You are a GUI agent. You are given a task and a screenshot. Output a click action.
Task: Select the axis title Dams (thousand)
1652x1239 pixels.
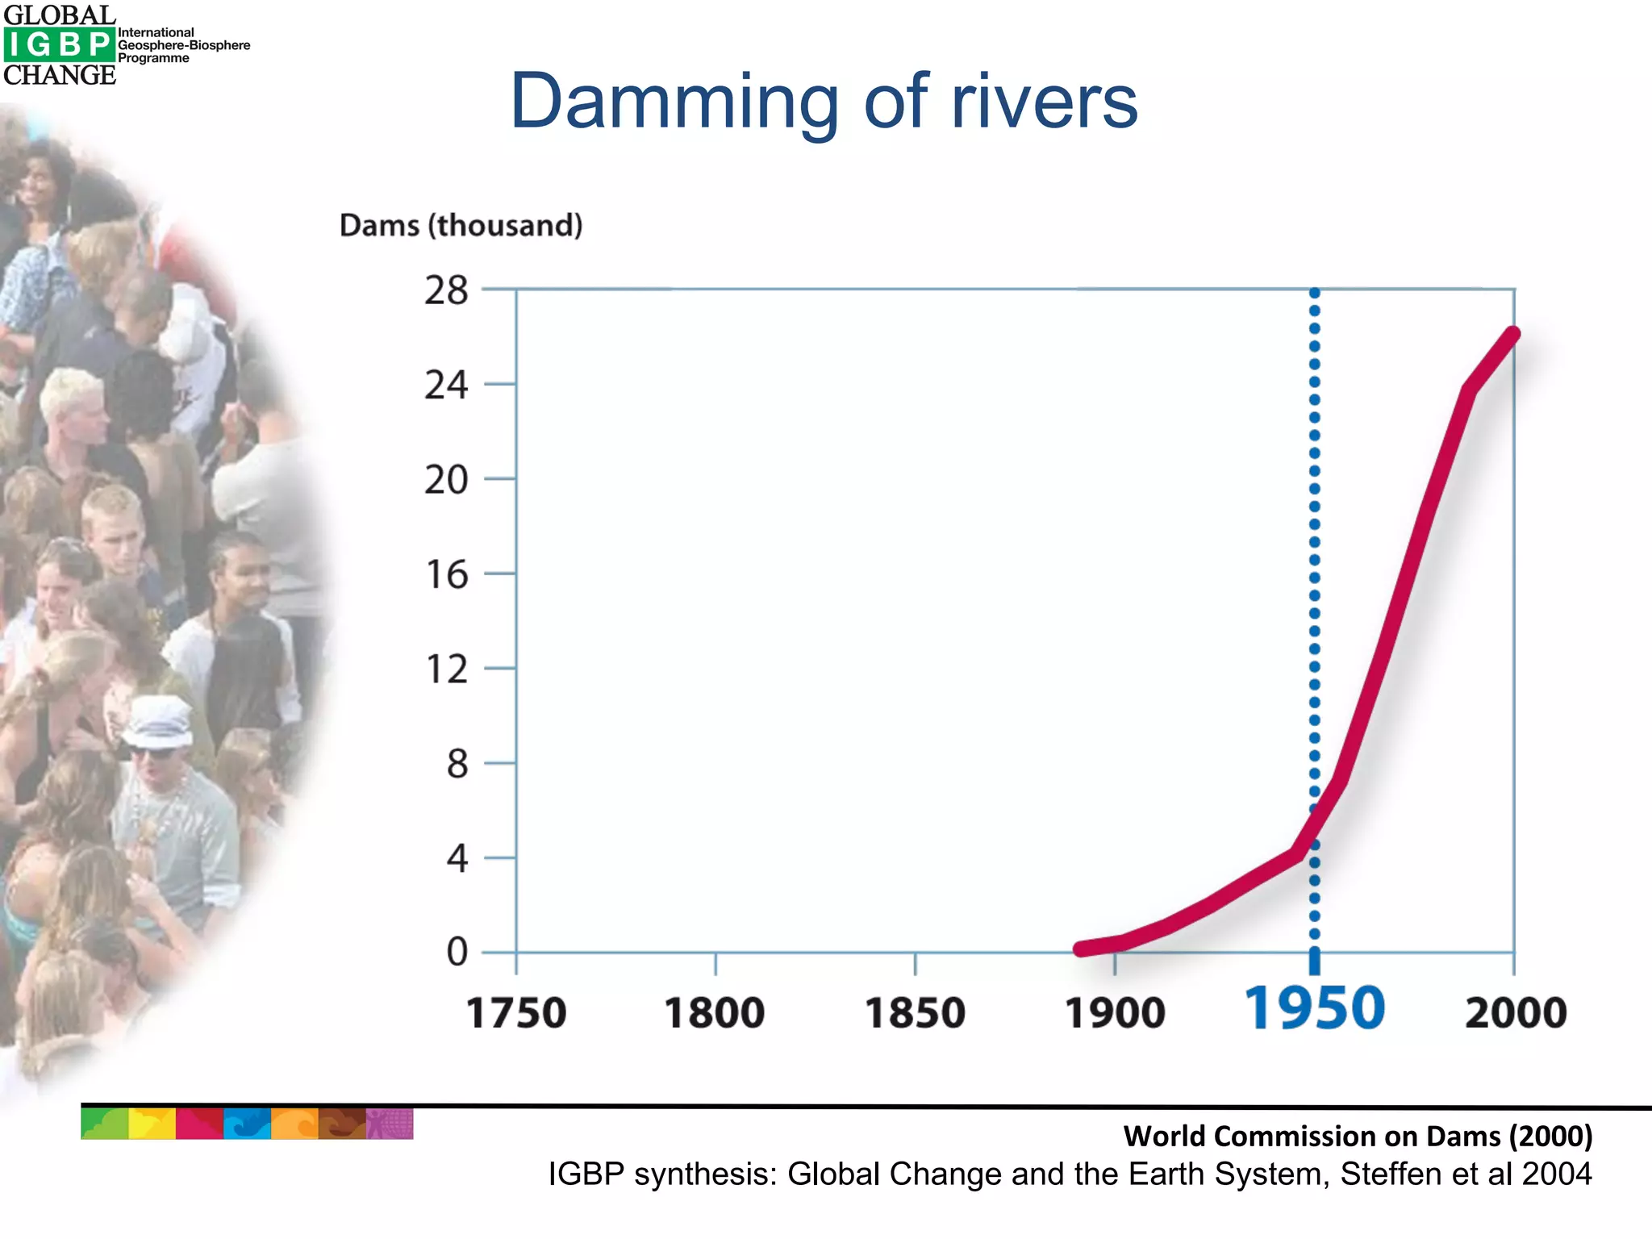click(x=461, y=225)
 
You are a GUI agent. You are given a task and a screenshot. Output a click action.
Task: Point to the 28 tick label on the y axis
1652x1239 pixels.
click(x=446, y=290)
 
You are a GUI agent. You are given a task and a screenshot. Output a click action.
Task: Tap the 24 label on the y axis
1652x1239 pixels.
click(x=446, y=385)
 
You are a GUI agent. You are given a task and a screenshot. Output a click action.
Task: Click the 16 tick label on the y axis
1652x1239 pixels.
click(x=446, y=575)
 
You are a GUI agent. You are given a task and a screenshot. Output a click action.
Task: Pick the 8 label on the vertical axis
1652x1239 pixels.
click(x=457, y=764)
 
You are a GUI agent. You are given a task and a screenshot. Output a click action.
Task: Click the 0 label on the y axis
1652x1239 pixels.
click(x=457, y=952)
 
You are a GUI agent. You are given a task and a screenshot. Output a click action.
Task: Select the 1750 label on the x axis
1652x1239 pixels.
click(x=516, y=1013)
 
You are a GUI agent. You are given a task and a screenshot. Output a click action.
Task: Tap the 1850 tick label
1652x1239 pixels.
click(x=915, y=1013)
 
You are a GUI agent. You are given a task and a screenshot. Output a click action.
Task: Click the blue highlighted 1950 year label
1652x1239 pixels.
click(x=1314, y=1009)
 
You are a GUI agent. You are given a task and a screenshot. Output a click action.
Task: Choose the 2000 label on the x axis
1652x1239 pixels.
click(x=1515, y=1013)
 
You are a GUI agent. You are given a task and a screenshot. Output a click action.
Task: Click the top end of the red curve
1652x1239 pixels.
click(x=1513, y=334)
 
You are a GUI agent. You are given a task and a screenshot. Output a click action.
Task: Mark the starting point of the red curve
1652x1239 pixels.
click(x=1081, y=949)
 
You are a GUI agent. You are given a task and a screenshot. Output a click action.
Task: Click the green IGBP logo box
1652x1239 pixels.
click(x=59, y=45)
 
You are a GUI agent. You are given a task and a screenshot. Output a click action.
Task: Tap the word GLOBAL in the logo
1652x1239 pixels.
click(x=60, y=15)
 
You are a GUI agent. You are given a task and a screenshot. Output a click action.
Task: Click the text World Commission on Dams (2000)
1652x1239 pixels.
click(x=1358, y=1136)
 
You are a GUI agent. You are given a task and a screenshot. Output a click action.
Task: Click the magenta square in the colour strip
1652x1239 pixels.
click(x=198, y=1124)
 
